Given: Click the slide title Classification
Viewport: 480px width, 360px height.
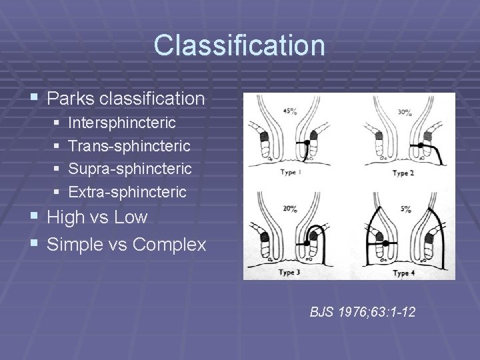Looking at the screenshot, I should pyautogui.click(x=239, y=45).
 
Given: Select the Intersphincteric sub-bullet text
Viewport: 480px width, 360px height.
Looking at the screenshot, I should pyautogui.click(x=122, y=123).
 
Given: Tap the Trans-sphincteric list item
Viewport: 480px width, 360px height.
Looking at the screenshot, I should pyautogui.click(x=129, y=146).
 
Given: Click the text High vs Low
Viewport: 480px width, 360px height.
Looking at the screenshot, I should pyautogui.click(x=97, y=217).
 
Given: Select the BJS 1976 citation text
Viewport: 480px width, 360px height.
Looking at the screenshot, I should pyautogui.click(x=362, y=311).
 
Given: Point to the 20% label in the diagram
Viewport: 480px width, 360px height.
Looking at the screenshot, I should pyautogui.click(x=290, y=209).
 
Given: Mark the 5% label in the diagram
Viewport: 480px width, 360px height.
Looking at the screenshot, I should pyautogui.click(x=406, y=209).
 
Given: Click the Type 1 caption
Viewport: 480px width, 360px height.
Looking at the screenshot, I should pyautogui.click(x=292, y=173).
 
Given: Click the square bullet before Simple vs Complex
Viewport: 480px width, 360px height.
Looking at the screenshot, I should pyautogui.click(x=35, y=245).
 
